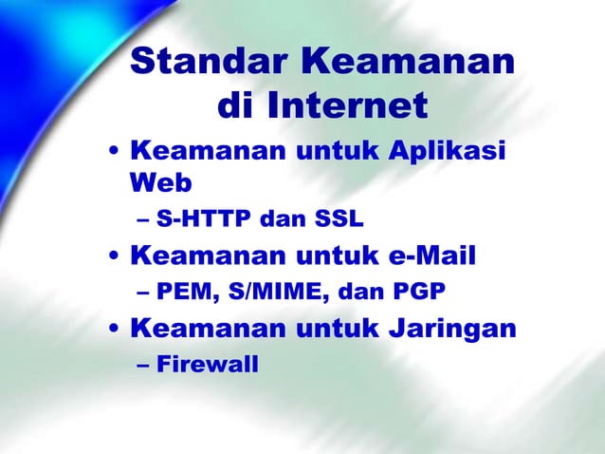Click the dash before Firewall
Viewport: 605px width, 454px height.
pos(142,364)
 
